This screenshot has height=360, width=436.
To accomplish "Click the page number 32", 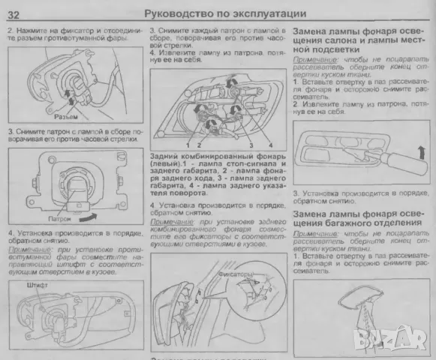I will [x=14, y=13].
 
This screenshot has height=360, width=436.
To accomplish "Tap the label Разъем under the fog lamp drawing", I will [x=67, y=118].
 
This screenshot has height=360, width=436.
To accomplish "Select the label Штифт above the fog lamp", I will [x=36, y=285].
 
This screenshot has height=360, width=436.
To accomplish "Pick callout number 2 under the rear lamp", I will [x=199, y=143].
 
